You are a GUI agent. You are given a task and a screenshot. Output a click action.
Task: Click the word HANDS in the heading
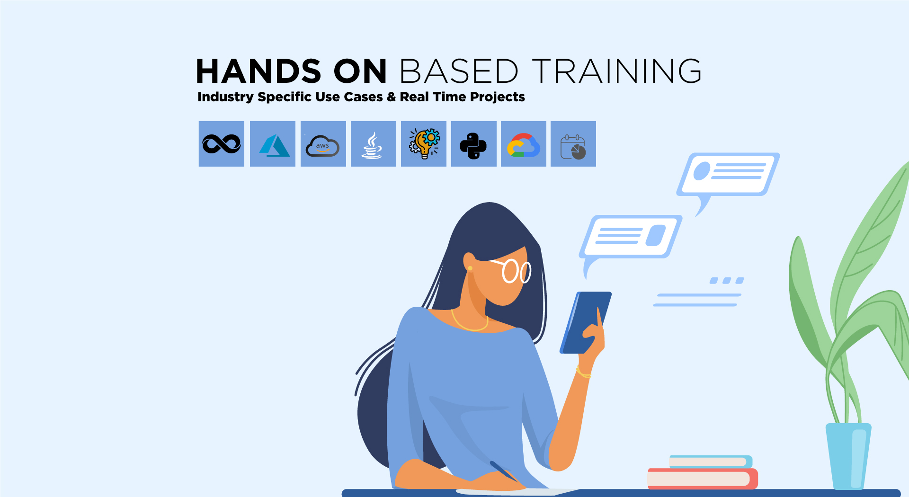click(x=258, y=71)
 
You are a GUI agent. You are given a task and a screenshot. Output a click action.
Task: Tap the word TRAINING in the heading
click(x=616, y=71)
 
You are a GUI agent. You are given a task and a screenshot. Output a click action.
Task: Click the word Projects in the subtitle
click(x=497, y=97)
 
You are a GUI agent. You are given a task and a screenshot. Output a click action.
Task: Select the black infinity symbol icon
click(x=222, y=144)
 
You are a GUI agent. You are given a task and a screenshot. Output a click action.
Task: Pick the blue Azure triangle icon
click(x=273, y=144)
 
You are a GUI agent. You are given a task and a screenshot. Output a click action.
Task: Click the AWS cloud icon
click(x=323, y=146)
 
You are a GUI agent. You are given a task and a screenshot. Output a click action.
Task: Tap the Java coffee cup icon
click(x=373, y=145)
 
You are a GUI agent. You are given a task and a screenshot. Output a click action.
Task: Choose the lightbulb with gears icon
click(x=424, y=144)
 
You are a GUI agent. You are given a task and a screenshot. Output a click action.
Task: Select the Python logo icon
click(x=473, y=145)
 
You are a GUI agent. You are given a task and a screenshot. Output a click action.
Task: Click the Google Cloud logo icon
click(x=523, y=145)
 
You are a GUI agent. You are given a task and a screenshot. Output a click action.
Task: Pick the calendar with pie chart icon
click(x=573, y=147)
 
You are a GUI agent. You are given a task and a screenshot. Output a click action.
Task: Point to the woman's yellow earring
click(x=470, y=268)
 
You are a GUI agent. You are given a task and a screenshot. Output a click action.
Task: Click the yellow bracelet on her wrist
click(x=583, y=373)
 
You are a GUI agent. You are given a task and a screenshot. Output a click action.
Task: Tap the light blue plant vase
click(x=848, y=455)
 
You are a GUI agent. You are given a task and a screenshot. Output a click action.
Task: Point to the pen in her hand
click(x=505, y=471)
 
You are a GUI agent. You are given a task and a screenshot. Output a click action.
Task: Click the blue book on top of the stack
click(x=710, y=461)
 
